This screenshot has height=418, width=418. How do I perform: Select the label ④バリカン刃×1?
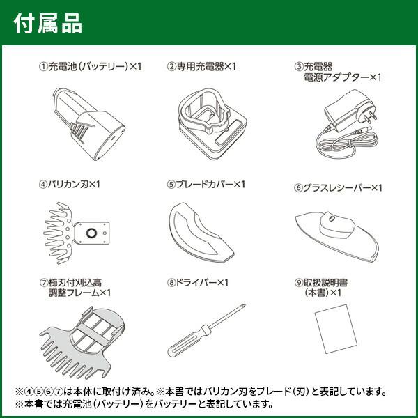(70, 185)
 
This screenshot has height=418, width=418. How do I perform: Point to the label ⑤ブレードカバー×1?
(207, 185)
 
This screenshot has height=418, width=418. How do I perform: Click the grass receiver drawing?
(338, 229)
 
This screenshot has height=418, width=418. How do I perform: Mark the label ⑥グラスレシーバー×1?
(339, 188)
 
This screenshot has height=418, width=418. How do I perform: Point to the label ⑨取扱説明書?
(327, 283)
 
